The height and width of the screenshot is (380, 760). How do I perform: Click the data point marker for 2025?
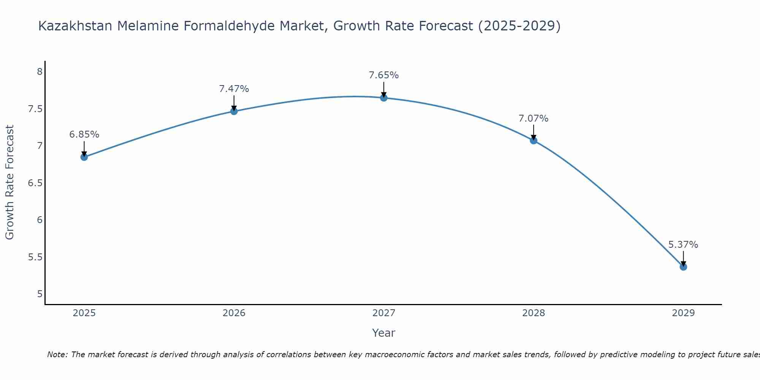[x=84, y=157]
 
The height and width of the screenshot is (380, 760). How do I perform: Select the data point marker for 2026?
[x=234, y=111]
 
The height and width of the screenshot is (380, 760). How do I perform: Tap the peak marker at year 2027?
[x=384, y=98]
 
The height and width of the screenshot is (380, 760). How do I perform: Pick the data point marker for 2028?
[x=534, y=141]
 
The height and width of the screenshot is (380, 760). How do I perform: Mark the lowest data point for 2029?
[x=683, y=267]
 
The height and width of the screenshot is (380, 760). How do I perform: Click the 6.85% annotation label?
[x=84, y=135]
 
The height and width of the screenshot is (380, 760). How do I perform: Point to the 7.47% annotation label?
[x=234, y=89]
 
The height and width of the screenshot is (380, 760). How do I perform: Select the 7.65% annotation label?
[x=384, y=75]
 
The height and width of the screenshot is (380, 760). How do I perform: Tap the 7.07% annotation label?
[x=534, y=119]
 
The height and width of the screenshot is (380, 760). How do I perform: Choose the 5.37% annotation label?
[x=683, y=245]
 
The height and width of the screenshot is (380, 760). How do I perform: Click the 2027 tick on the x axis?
[x=384, y=313]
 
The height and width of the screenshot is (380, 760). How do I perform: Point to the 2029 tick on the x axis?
[x=683, y=313]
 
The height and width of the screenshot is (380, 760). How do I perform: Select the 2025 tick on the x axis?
[x=84, y=313]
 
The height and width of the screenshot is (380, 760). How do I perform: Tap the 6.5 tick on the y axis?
[x=35, y=183]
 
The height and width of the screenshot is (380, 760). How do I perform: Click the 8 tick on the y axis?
[x=40, y=72]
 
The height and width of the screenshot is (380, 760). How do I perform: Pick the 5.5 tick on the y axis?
[x=35, y=257]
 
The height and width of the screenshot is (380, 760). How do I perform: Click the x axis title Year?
[x=384, y=333]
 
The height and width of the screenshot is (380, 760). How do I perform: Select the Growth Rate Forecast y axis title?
[x=10, y=182]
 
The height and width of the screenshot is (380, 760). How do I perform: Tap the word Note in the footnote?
[x=57, y=355]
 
